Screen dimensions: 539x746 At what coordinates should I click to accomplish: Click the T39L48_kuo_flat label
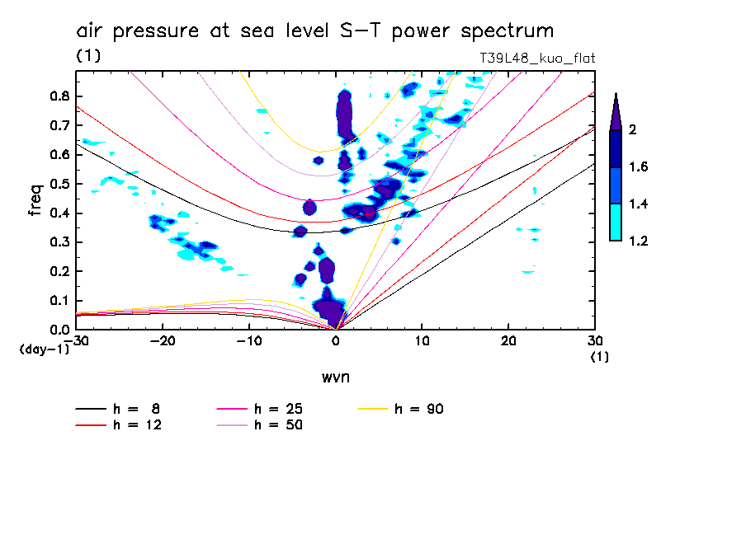coord(537,59)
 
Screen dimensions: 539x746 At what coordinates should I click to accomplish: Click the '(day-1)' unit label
coord(44,349)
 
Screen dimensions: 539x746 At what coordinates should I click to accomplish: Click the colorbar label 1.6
coord(637,167)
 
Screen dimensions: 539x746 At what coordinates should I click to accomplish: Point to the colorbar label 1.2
coord(637,241)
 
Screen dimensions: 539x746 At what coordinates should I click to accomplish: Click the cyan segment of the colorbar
coord(616,223)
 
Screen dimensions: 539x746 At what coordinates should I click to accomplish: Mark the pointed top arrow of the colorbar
coord(616,111)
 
